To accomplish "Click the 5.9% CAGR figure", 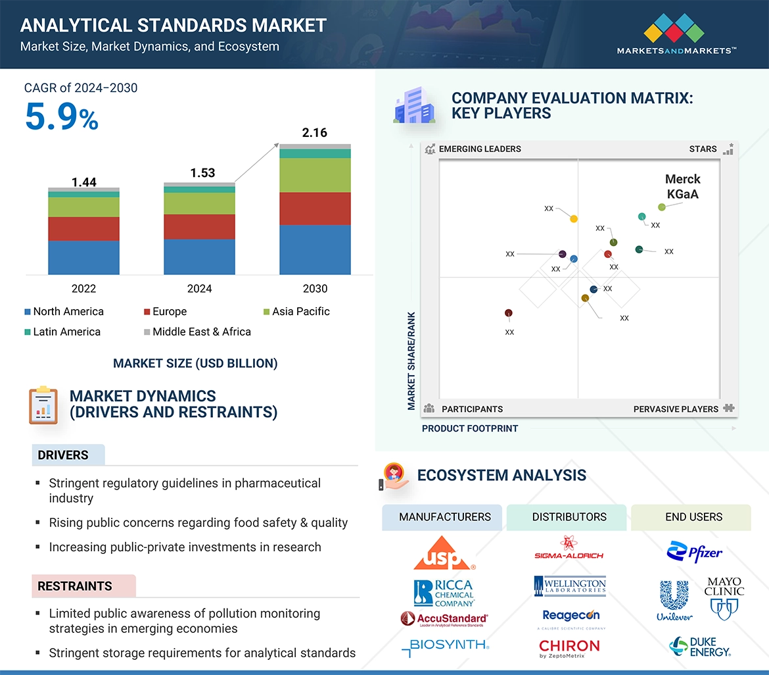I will pos(61,116).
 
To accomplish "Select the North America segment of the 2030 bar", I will pos(315,249).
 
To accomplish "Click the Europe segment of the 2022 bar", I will pos(83,228).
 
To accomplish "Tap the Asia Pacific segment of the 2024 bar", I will pos(199,203).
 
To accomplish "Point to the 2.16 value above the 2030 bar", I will pos(314,133).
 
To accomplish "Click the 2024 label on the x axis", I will pos(199,288).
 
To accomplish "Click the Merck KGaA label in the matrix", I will pos(682,187).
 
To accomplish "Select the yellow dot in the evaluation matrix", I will pos(574,218).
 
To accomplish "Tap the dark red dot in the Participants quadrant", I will pos(508,313).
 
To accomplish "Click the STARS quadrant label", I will pos(703,149).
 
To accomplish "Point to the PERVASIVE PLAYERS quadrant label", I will pos(676,409).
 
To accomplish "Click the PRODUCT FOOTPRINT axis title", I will pos(470,428).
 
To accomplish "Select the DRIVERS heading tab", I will pos(63,455).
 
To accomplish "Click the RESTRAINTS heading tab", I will pos(75,586).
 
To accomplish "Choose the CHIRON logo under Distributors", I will pos(569,648).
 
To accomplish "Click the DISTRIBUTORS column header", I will pos(569,516).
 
